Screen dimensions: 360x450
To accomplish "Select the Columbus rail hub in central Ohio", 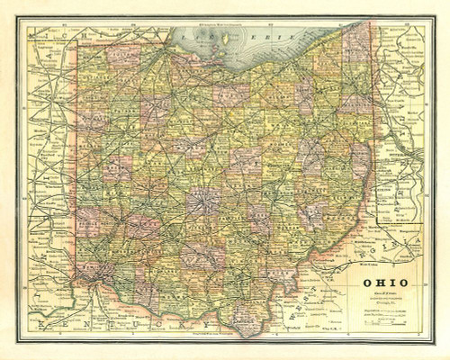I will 204,198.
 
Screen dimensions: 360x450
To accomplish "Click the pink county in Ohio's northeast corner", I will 357,42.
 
